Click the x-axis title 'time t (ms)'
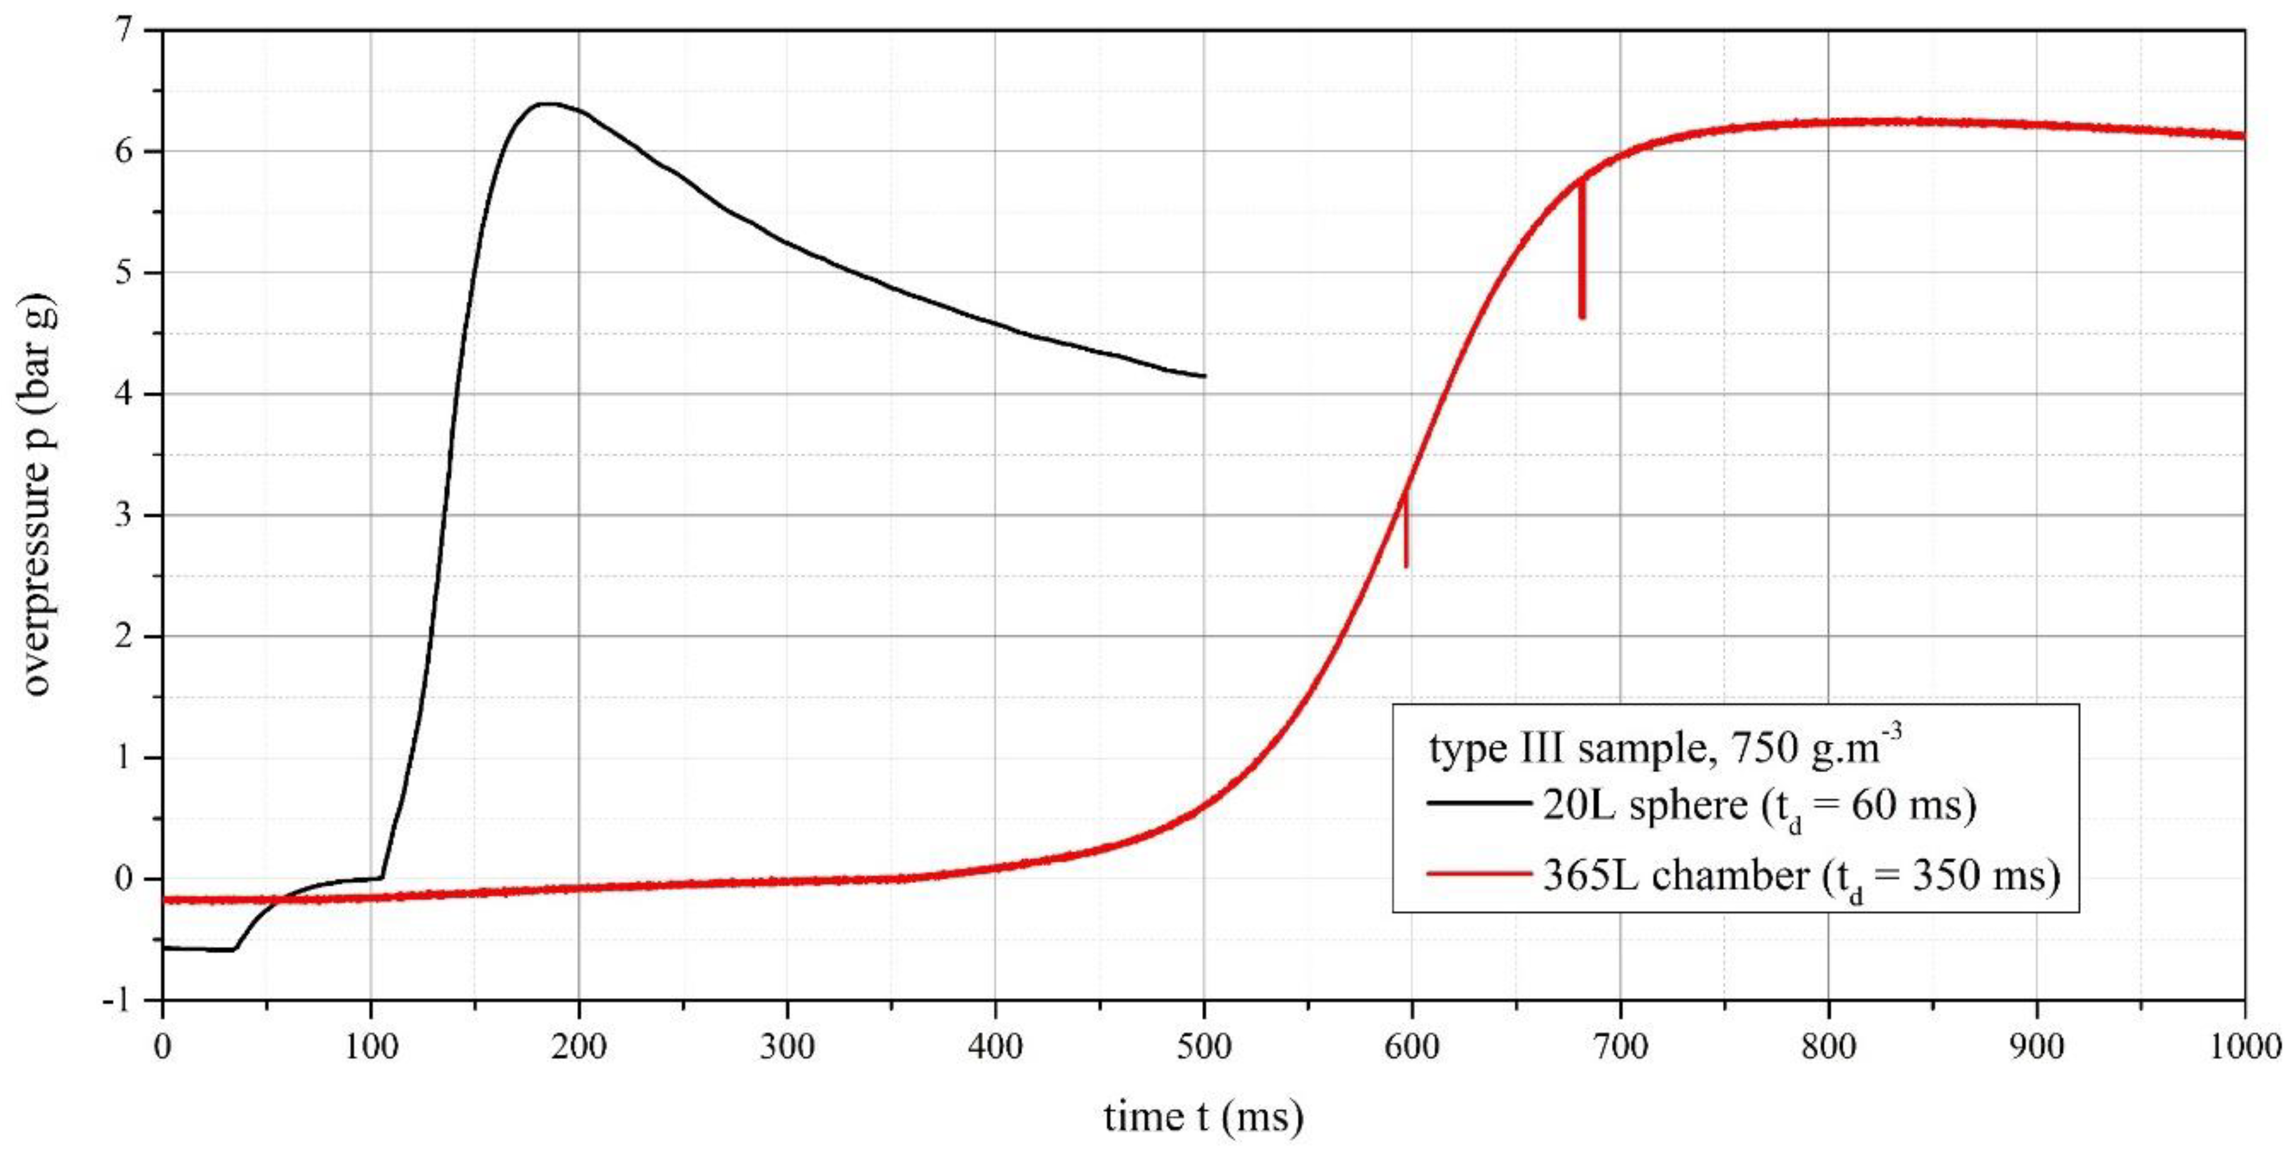coord(1203,1116)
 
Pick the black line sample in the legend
coord(1477,804)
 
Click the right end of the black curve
coord(1204,376)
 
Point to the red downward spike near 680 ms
coord(1581,267)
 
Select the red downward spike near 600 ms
coord(1406,535)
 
